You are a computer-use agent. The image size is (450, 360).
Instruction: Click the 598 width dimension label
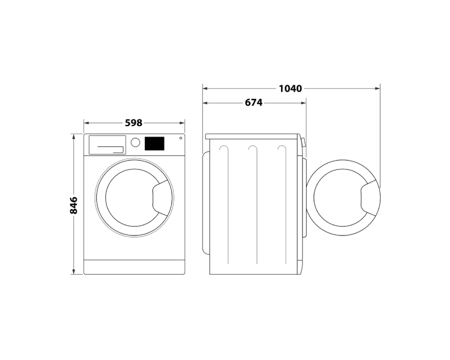(134, 123)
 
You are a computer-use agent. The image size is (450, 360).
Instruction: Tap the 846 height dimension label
(73, 205)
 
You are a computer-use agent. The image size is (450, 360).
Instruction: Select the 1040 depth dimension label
(290, 89)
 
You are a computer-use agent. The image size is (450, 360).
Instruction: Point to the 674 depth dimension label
(253, 103)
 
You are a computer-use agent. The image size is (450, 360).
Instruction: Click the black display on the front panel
(154, 143)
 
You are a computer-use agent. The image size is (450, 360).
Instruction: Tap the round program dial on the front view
(136, 142)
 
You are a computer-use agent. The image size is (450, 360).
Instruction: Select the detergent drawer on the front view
(107, 145)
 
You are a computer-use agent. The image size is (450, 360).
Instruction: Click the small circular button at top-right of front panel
(181, 138)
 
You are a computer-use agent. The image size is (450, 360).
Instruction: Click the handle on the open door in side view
(370, 198)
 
